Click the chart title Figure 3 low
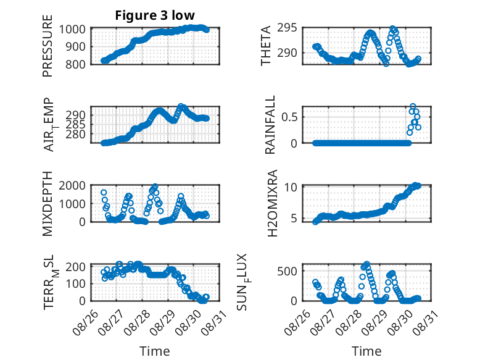tap(155, 15)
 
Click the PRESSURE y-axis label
tap(48, 46)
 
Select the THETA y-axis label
tap(266, 46)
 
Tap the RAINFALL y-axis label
tap(270, 125)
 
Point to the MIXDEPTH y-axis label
tap(48, 204)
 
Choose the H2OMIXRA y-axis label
tap(272, 203)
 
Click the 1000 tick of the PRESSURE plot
tap(72, 30)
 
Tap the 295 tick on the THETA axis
tap(287, 28)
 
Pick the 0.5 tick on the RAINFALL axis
tap(289, 117)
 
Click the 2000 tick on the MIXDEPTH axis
tap(72, 185)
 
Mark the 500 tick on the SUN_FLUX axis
tap(287, 271)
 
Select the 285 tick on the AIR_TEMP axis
tap(75, 124)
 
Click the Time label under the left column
tap(155, 351)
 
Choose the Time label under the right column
tap(366, 351)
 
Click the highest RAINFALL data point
tap(413, 106)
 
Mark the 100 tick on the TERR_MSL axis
tap(75, 283)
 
